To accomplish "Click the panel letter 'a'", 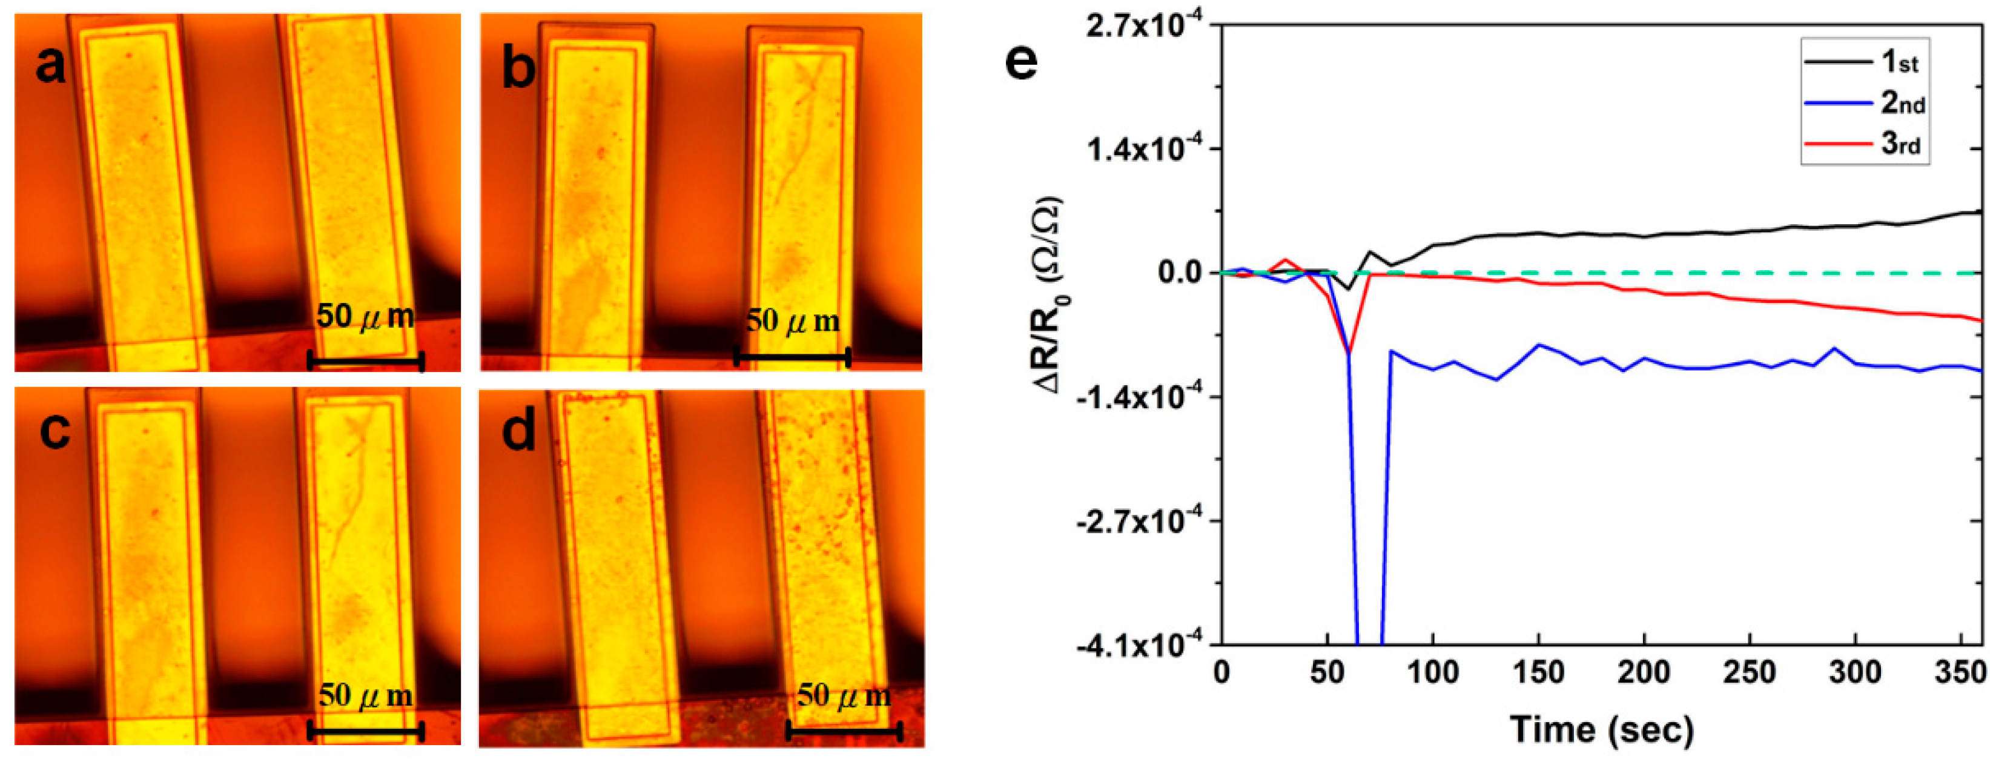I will pyautogui.click(x=51, y=65).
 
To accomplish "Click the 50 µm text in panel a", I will pyautogui.click(x=365, y=316).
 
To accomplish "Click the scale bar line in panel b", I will pyautogui.click(x=792, y=357).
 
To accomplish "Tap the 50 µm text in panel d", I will pyautogui.click(x=844, y=695).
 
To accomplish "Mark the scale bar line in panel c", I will pyautogui.click(x=365, y=731).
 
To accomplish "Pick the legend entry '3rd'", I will pyautogui.click(x=1900, y=144).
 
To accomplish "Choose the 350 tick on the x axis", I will pyautogui.click(x=1960, y=672).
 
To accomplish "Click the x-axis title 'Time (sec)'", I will pyautogui.click(x=1601, y=729).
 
